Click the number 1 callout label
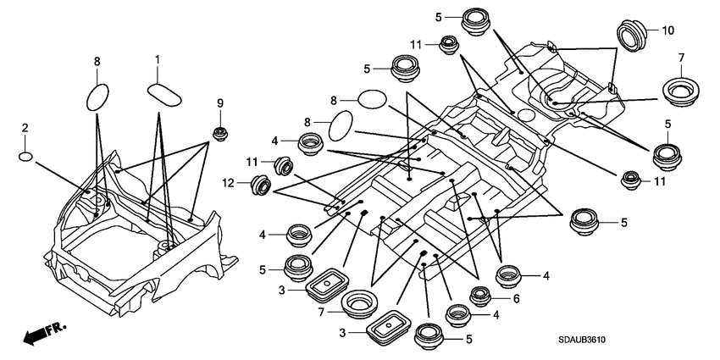point(157,58)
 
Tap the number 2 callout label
point(25,127)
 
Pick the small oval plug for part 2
point(27,156)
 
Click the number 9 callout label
point(219,103)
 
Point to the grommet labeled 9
point(219,132)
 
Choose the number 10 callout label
point(667,30)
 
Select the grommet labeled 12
point(260,184)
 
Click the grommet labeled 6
point(480,296)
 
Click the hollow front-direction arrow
point(35,336)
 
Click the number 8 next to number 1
point(97,61)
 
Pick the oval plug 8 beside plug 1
point(99,95)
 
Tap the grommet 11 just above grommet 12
point(280,163)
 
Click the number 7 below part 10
point(680,57)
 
